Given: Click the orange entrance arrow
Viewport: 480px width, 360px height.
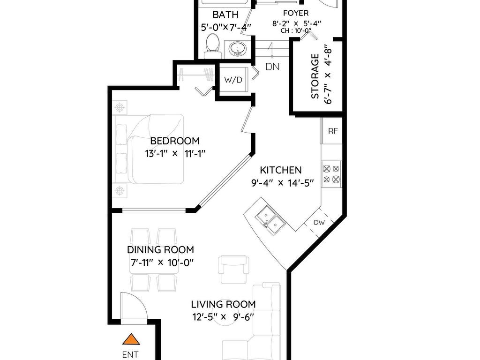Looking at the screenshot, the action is [131, 339].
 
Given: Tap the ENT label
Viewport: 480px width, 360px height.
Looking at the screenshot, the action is [130, 354].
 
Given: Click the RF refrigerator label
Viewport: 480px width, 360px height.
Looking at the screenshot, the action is [333, 131].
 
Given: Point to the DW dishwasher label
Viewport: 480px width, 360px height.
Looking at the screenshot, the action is [319, 223].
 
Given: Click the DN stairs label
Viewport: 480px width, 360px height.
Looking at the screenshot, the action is [272, 67].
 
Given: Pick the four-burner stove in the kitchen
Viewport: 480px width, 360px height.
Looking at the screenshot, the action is [331, 174].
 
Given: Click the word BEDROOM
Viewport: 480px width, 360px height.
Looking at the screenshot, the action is [175, 141].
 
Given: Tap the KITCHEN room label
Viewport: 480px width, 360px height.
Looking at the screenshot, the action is [281, 170].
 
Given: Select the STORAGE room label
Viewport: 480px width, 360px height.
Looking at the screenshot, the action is [315, 76].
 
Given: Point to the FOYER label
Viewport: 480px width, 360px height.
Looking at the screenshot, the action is [296, 13].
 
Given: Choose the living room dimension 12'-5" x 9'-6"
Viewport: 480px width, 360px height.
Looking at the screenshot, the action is [223, 316].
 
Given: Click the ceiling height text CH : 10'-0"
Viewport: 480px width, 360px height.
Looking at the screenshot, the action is [296, 30].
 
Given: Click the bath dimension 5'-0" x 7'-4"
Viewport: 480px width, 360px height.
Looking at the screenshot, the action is [226, 27].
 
